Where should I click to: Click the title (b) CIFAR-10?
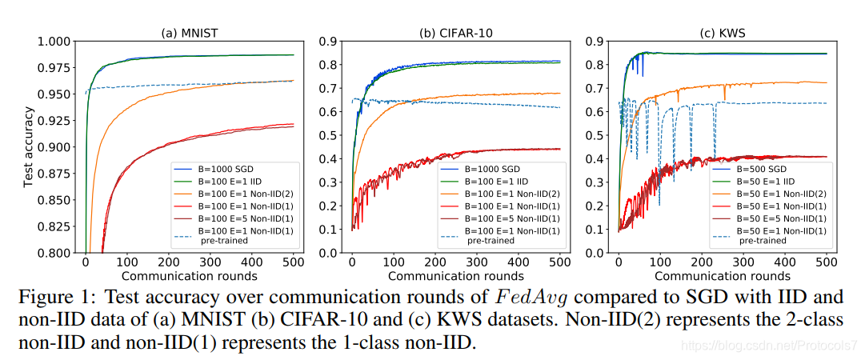(x=456, y=33)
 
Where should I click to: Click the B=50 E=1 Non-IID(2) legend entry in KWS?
(x=780, y=193)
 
